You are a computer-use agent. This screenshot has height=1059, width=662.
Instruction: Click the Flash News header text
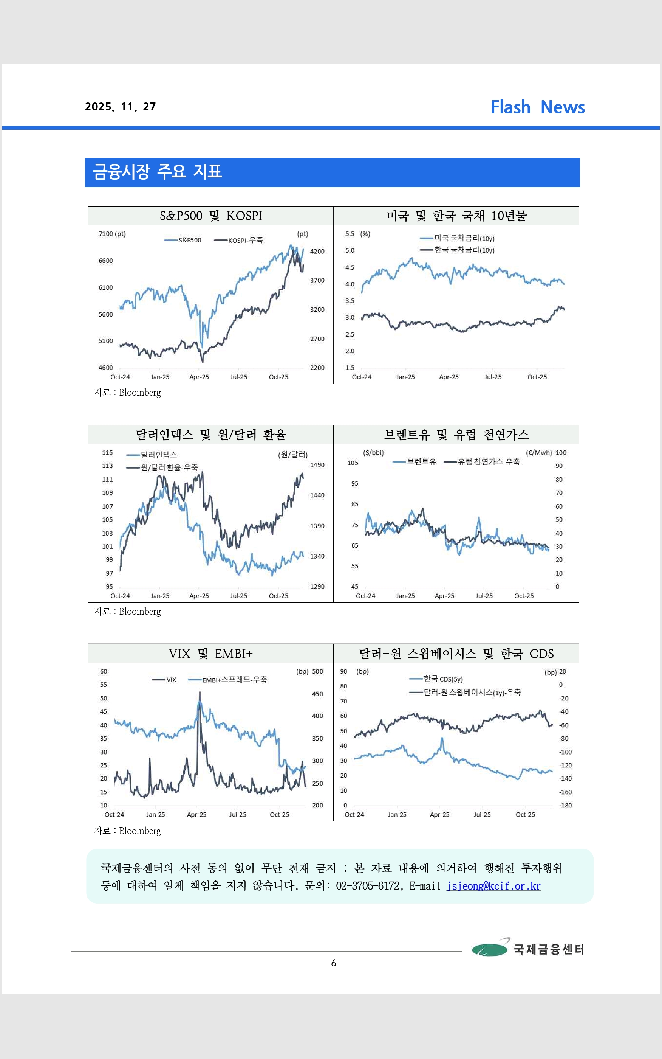pyautogui.click(x=537, y=107)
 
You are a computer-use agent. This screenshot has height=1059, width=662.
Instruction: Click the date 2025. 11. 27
pyautogui.click(x=121, y=107)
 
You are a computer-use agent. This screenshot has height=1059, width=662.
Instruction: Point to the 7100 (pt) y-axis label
pyautogui.click(x=112, y=234)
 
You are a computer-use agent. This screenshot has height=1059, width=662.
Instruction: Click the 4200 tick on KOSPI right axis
pyautogui.click(x=317, y=252)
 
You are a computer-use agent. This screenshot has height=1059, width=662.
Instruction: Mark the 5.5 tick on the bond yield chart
pyautogui.click(x=350, y=234)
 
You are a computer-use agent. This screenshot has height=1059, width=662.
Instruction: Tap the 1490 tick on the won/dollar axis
pyautogui.click(x=317, y=465)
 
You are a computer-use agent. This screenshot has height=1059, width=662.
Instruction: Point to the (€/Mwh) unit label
pyautogui.click(x=538, y=453)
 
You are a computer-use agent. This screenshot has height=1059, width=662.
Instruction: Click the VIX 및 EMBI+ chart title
pyautogui.click(x=210, y=654)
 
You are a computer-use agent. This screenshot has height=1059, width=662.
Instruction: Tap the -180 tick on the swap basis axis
pyautogui.click(x=565, y=805)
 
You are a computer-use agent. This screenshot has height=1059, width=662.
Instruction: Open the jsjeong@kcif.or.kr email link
pyautogui.click(x=493, y=886)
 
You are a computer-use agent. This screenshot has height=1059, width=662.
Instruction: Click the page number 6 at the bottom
pyautogui.click(x=334, y=963)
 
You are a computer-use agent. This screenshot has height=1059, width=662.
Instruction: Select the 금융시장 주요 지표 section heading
pyautogui.click(x=157, y=172)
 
